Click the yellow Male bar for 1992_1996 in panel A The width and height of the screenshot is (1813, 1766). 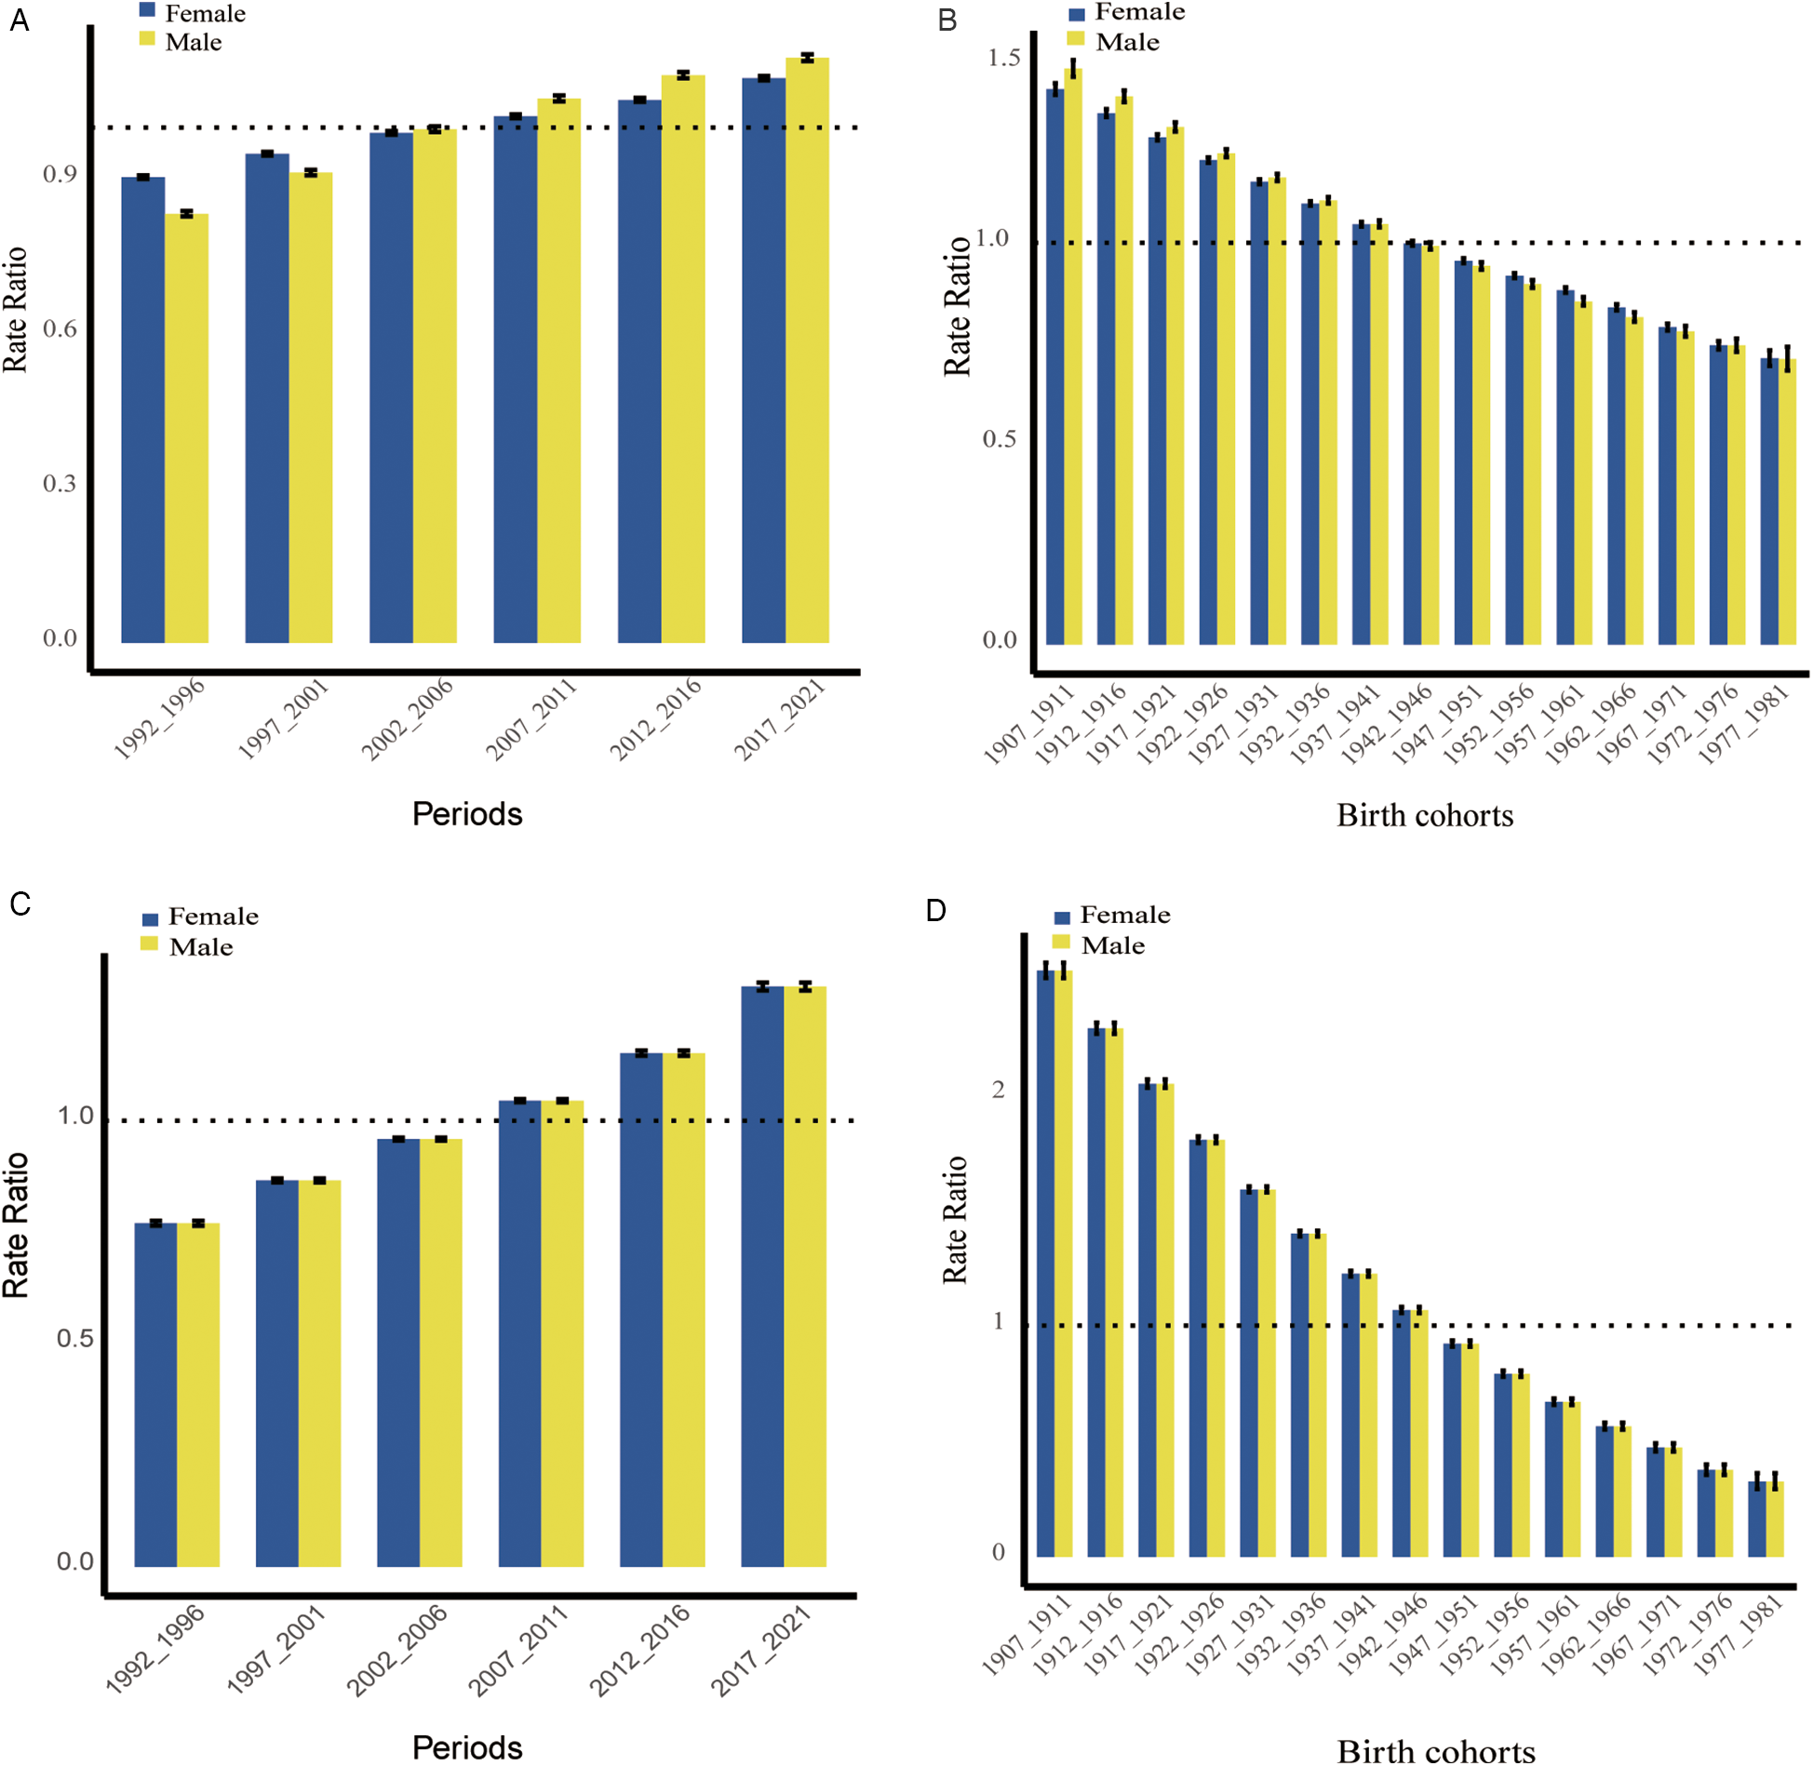point(186,428)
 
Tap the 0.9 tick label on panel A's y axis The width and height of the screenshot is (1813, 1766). point(60,174)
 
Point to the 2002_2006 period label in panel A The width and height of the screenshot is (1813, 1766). point(407,718)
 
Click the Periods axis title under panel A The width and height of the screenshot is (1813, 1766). point(467,814)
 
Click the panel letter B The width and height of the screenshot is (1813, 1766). point(947,20)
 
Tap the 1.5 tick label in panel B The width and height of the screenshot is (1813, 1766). point(1004,58)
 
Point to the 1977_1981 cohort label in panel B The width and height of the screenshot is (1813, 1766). point(1743,724)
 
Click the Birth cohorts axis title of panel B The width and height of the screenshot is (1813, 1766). point(1425,816)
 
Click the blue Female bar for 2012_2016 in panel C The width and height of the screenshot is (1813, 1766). point(640,1309)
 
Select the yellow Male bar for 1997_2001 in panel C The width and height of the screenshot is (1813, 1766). point(319,1372)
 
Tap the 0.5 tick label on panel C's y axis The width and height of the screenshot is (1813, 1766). point(74,1338)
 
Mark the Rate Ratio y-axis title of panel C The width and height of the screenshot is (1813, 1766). point(16,1224)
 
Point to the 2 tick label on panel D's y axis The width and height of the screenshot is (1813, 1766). point(999,1090)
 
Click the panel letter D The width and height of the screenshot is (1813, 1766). point(935,910)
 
